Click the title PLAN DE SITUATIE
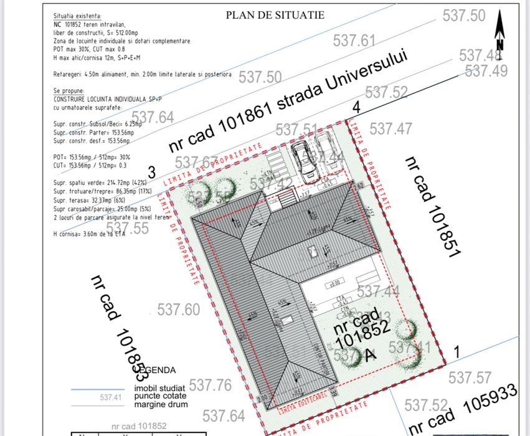click(x=275, y=15)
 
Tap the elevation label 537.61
click(x=354, y=41)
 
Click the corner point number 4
click(x=356, y=107)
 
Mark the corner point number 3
click(x=151, y=172)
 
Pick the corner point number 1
click(x=456, y=352)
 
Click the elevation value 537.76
click(x=210, y=385)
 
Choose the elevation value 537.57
click(x=470, y=377)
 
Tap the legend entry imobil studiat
click(x=159, y=388)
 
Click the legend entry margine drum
click(x=161, y=404)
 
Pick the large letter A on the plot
click(x=371, y=355)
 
